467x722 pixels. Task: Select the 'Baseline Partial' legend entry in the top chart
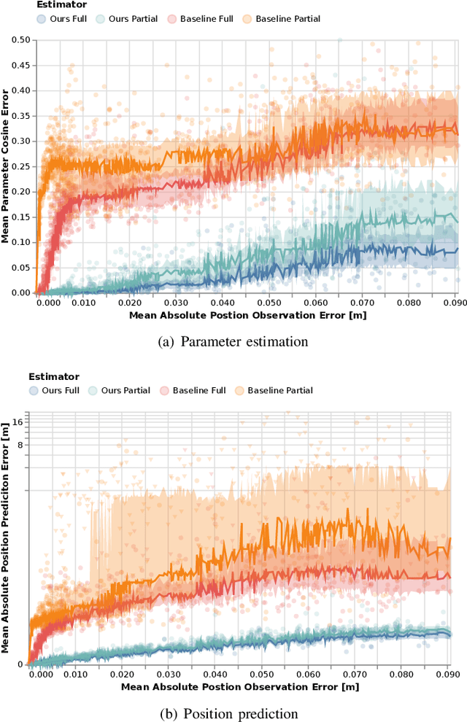[x=283, y=19]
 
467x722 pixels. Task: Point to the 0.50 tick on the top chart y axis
[x=20, y=39]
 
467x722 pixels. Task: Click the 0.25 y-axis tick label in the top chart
[x=20, y=166]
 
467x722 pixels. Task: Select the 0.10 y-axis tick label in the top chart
[x=20, y=242]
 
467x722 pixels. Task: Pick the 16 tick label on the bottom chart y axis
[x=18, y=422]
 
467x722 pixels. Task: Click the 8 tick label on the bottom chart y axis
[x=20, y=444]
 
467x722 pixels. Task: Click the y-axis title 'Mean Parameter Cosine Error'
[x=6, y=166]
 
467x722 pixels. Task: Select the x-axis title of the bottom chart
[x=240, y=686]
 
